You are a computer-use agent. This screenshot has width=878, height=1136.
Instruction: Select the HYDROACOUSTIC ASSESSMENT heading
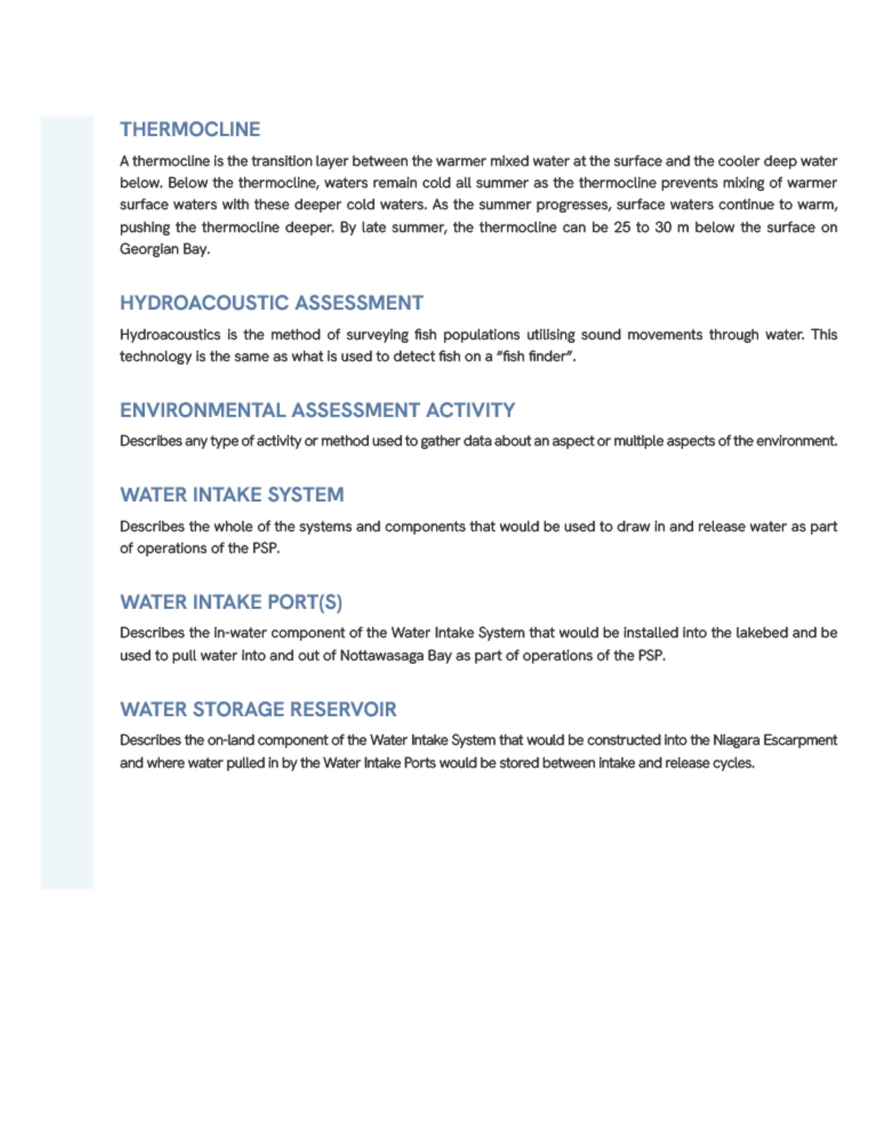(271, 303)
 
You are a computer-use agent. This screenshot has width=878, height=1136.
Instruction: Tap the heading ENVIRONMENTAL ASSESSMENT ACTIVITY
(317, 410)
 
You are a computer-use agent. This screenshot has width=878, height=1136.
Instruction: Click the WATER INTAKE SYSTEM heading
(232, 494)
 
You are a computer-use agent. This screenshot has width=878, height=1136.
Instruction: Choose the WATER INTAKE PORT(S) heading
(231, 602)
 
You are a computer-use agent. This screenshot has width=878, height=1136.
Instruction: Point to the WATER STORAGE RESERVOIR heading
(258, 709)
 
